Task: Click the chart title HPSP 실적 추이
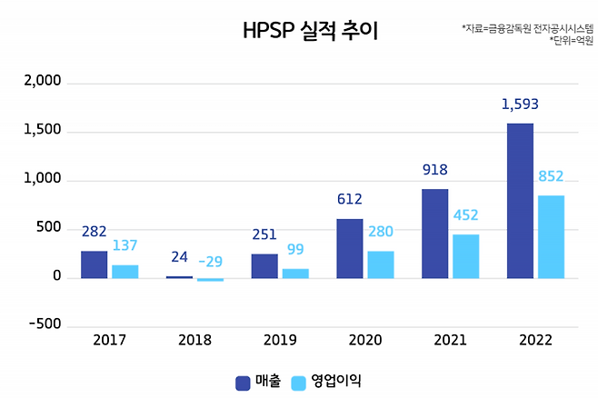pyautogui.click(x=310, y=31)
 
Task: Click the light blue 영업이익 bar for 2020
pyautogui.click(x=380, y=264)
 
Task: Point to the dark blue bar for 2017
pyautogui.click(x=94, y=264)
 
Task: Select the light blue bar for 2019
pyautogui.click(x=295, y=273)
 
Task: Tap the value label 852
pyautogui.click(x=551, y=176)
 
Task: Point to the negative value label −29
pyautogui.click(x=210, y=262)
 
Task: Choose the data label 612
pyautogui.click(x=350, y=200)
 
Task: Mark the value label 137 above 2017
pyautogui.click(x=125, y=246)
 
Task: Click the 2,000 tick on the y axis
pyautogui.click(x=43, y=82)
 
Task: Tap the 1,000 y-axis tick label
pyautogui.click(x=43, y=179)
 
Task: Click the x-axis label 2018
pyautogui.click(x=194, y=341)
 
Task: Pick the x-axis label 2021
pyautogui.click(x=450, y=341)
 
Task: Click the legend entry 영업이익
pyautogui.click(x=327, y=382)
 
